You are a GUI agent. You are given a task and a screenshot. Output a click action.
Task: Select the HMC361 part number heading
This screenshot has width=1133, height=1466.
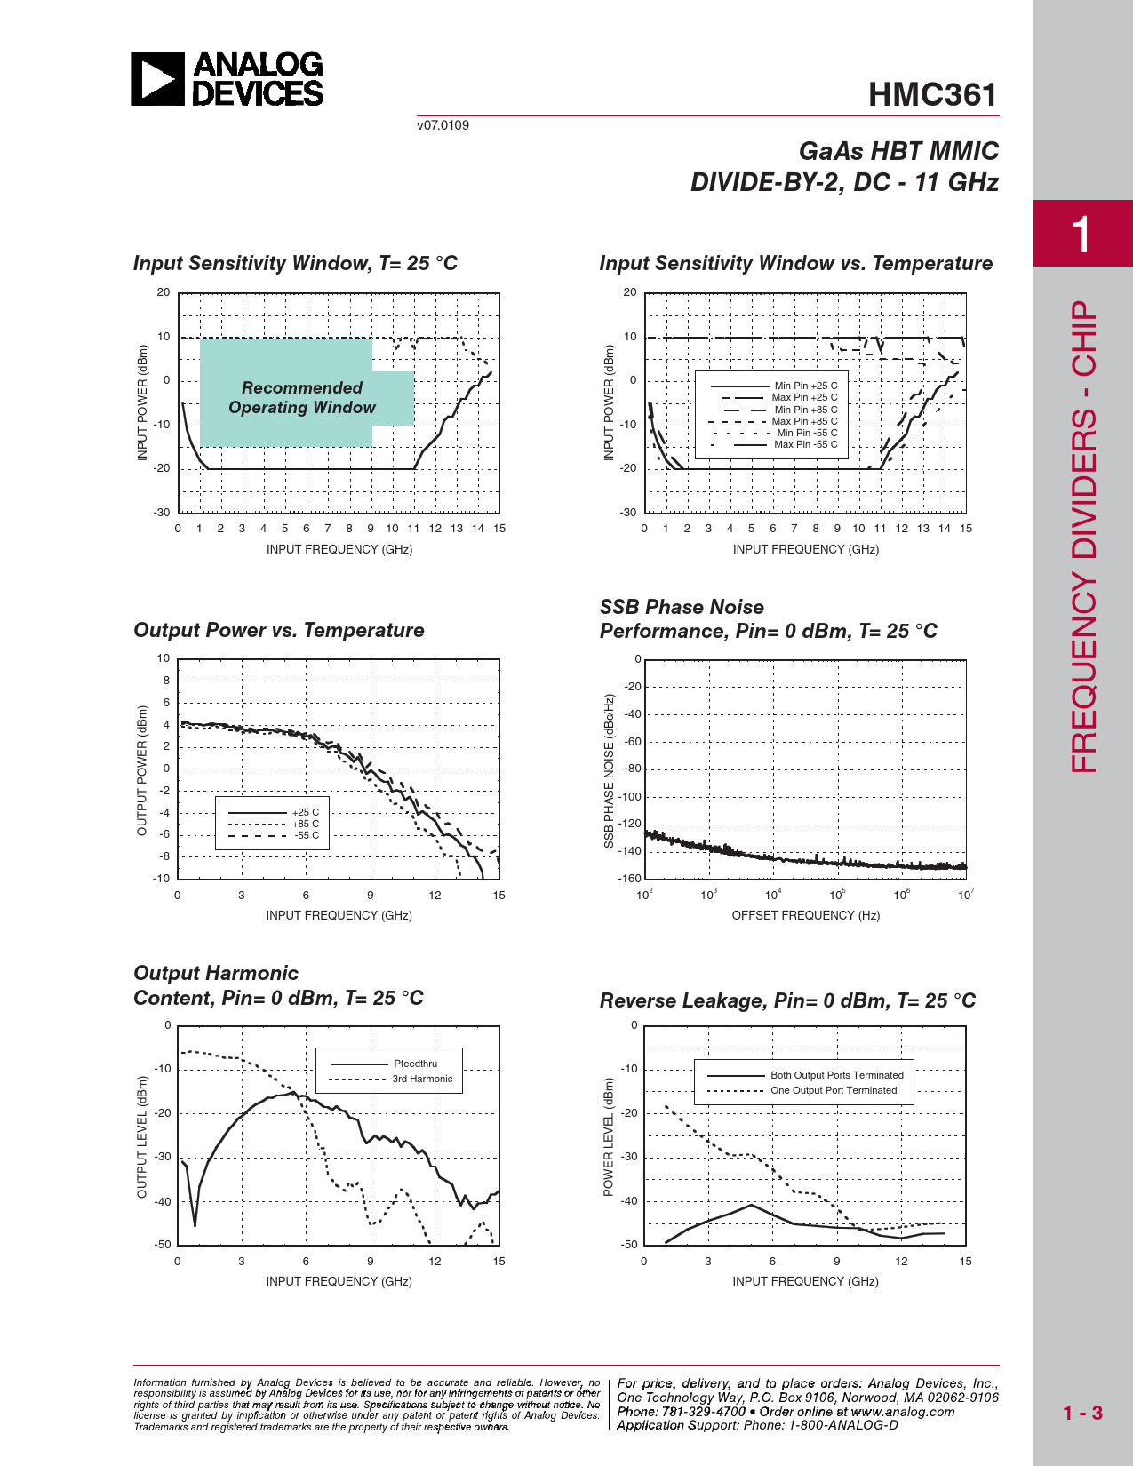coord(932,95)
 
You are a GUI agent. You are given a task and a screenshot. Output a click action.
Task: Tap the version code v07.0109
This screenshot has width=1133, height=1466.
coord(443,125)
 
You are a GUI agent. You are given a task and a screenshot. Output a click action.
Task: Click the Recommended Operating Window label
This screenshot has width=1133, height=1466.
coord(302,398)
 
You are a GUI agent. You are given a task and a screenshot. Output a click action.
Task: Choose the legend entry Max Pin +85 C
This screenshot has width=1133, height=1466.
coord(804,421)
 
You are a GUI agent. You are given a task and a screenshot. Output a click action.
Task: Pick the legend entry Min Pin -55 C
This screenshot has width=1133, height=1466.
coord(807,433)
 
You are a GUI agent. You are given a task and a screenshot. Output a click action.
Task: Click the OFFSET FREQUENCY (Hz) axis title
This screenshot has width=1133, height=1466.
coord(805,915)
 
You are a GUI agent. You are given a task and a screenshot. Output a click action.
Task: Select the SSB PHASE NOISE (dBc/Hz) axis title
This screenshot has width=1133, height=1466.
coord(609,770)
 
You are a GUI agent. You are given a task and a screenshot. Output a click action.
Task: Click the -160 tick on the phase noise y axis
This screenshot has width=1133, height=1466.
coord(630,879)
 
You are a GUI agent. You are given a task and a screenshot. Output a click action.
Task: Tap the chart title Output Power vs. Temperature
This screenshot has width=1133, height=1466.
coord(279,630)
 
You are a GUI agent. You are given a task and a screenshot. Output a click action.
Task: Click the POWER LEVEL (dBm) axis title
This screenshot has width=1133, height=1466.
coord(609,1136)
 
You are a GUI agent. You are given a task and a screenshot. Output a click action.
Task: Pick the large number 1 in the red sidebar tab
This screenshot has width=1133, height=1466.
coord(1081,235)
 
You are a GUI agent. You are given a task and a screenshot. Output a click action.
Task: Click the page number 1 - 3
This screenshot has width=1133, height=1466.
coord(1082,1413)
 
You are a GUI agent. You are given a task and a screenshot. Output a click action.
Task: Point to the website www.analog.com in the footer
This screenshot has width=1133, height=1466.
coord(902,1412)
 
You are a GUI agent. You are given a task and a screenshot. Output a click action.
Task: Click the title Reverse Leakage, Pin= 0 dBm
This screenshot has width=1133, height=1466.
coord(787,1000)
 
